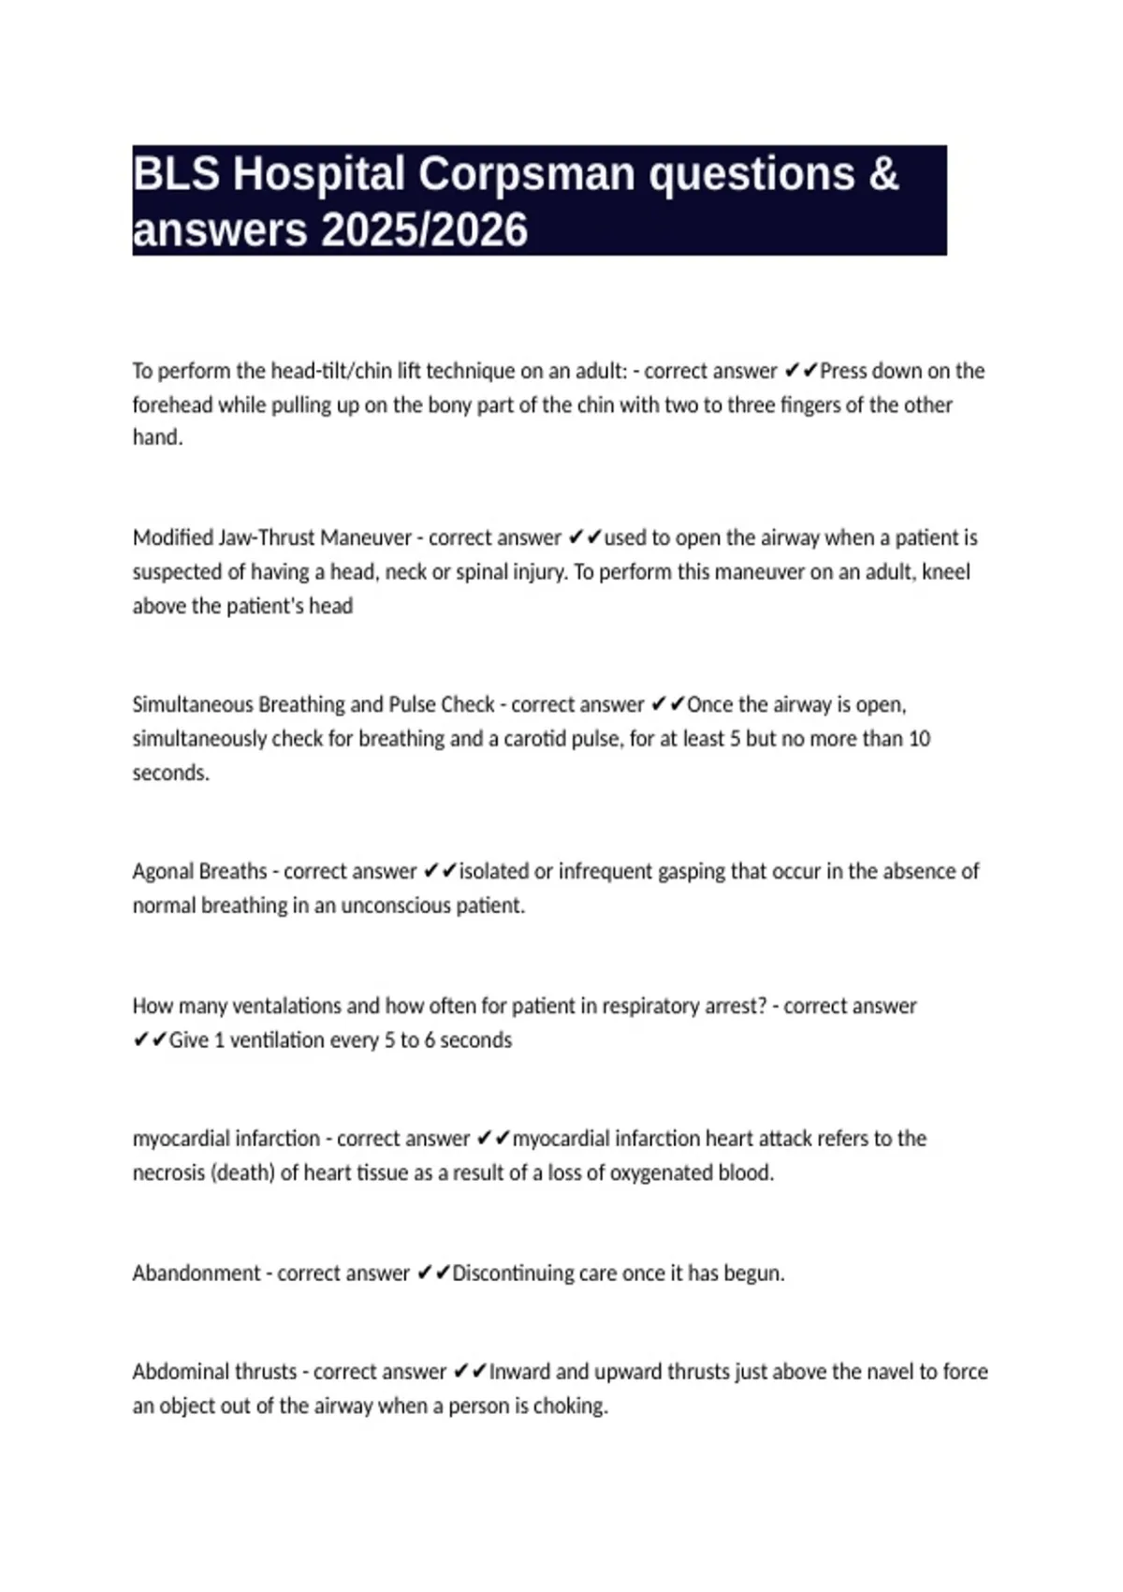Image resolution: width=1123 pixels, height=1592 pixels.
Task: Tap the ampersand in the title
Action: point(883,174)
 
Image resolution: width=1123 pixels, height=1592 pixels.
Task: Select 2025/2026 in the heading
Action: point(424,230)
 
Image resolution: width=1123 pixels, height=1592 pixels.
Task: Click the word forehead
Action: point(172,405)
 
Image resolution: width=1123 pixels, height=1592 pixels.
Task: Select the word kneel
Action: point(945,571)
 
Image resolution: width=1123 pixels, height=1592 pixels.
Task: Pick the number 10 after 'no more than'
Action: point(919,738)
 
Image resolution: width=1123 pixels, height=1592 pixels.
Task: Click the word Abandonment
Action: point(196,1273)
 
